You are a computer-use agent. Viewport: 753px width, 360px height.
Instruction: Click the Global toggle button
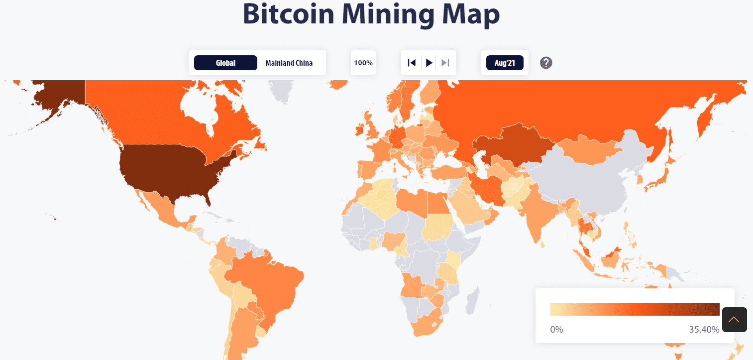click(x=225, y=63)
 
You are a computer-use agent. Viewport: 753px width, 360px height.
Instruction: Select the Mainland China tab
click(x=289, y=63)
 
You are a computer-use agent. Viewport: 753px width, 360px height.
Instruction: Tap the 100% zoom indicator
click(x=363, y=63)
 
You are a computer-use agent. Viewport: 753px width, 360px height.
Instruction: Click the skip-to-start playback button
click(x=412, y=63)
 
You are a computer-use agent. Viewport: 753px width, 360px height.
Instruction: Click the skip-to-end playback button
click(x=445, y=63)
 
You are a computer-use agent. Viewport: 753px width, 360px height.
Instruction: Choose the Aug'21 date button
click(x=505, y=63)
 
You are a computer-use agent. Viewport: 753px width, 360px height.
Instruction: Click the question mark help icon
click(x=546, y=63)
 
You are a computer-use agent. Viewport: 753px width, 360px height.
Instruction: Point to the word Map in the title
click(x=471, y=14)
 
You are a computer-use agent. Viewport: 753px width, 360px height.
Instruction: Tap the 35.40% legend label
click(x=704, y=330)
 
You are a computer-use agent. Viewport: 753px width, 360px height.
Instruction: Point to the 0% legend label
click(x=556, y=330)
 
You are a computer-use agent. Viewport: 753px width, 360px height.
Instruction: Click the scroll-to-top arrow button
click(x=734, y=319)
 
